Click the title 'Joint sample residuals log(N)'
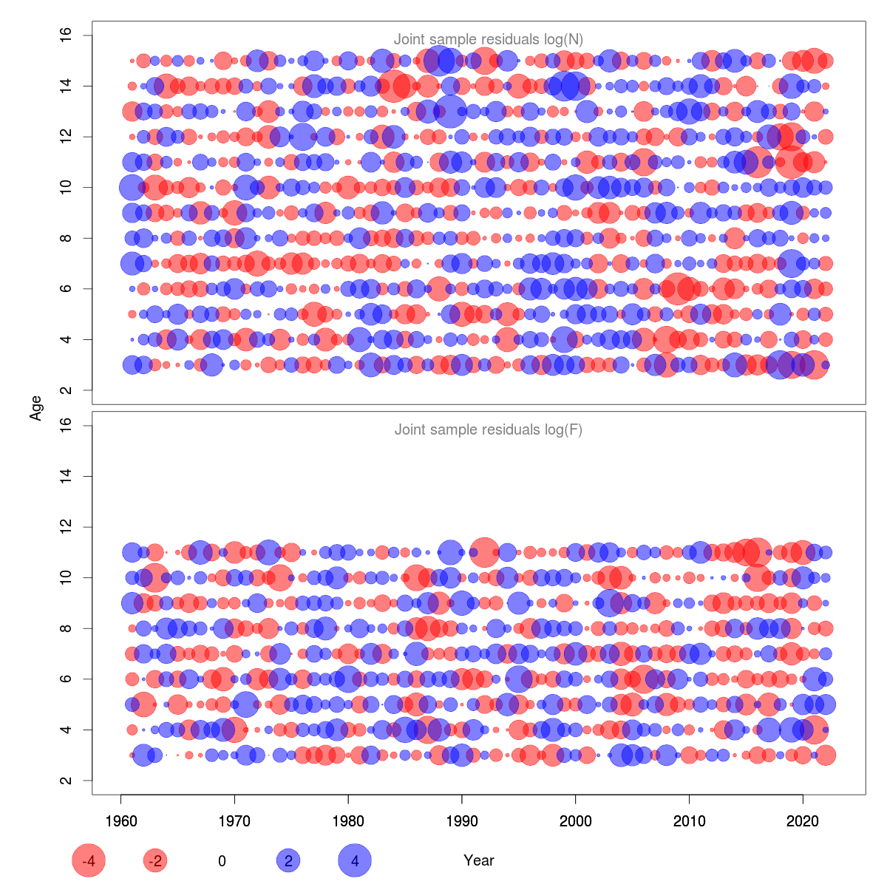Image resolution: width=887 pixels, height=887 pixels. [489, 40]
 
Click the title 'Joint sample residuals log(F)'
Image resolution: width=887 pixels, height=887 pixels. [489, 429]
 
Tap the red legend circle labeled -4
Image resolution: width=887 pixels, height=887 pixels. [89, 860]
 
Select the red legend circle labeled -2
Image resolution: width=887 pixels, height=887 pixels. [155, 860]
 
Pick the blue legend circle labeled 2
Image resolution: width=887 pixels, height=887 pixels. [288, 860]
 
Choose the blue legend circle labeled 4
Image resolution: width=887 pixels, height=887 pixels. [355, 860]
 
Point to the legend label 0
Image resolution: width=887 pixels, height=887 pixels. [222, 860]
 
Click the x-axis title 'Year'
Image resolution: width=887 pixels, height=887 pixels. [479, 860]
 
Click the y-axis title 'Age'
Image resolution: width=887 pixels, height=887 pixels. [36, 408]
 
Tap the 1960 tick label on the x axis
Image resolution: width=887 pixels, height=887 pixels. [120, 821]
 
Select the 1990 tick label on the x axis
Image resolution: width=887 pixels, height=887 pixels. [462, 821]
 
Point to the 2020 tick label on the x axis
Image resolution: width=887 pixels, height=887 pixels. [803, 821]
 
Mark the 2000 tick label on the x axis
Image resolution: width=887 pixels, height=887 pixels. [575, 821]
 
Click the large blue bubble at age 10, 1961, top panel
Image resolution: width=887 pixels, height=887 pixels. [132, 188]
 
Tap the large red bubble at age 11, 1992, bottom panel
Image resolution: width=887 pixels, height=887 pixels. [484, 552]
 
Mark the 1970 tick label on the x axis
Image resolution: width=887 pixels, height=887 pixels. [234, 821]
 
